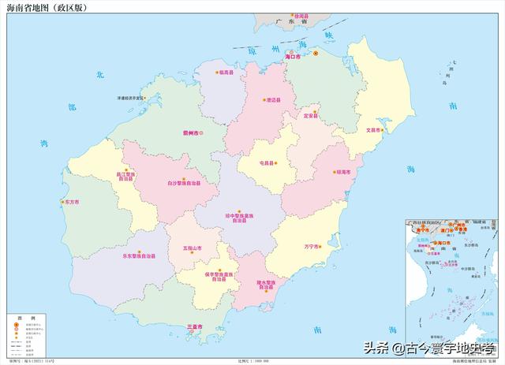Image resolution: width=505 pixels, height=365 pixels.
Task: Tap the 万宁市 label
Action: click(x=311, y=247)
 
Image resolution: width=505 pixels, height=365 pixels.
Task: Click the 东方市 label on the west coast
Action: click(x=69, y=201)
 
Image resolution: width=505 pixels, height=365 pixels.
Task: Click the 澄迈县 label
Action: click(x=275, y=100)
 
